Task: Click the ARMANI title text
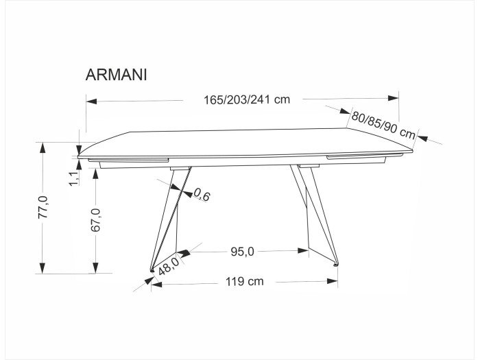pos(117,75)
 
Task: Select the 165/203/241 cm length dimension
pos(247,99)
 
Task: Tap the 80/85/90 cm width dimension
pos(383,125)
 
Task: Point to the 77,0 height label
pos(43,207)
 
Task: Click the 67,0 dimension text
pos(95,220)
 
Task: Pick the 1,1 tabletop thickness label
pos(74,178)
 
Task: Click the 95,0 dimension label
pos(242,252)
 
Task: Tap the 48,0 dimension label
pos(169,266)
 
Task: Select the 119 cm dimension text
pos(245,281)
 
